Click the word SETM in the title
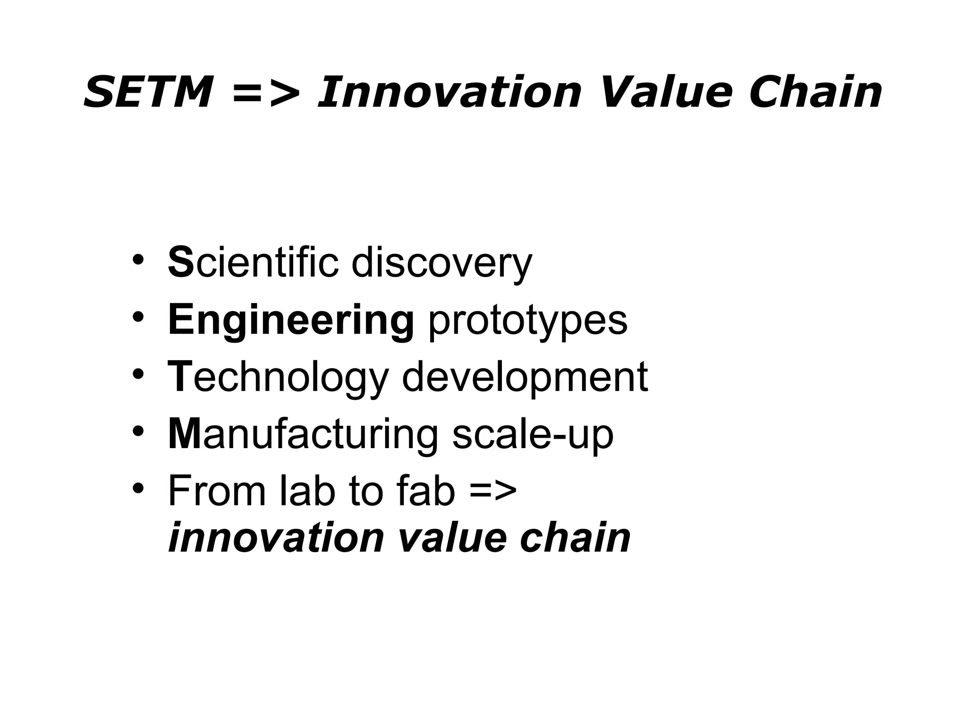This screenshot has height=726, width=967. pyautogui.click(x=147, y=92)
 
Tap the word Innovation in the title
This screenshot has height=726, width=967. pyautogui.click(x=449, y=92)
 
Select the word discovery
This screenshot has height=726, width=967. pyautogui.click(x=441, y=264)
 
